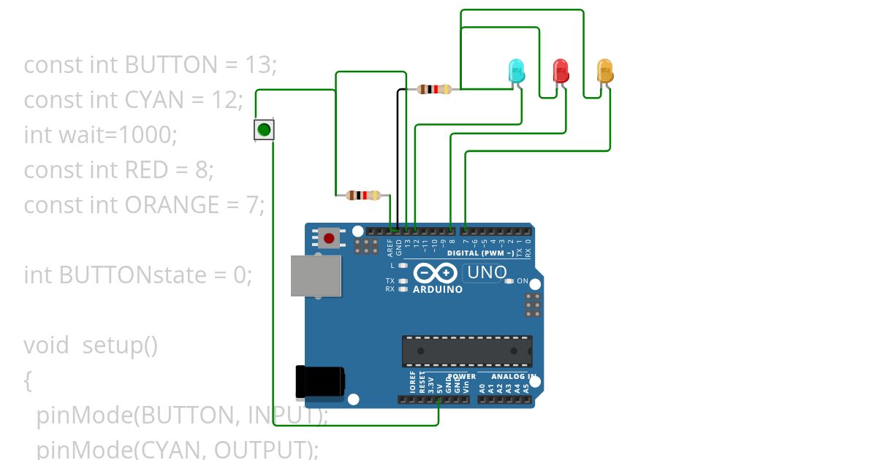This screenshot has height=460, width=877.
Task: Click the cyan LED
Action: [x=516, y=72]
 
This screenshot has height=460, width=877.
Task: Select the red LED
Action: [x=561, y=71]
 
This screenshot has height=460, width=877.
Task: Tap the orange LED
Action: [x=605, y=71]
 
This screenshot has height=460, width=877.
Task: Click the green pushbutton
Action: [x=264, y=130]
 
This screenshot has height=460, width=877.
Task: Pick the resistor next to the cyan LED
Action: [x=434, y=89]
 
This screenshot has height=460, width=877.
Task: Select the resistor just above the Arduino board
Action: [x=363, y=195]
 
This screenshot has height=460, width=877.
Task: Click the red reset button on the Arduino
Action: [x=330, y=238]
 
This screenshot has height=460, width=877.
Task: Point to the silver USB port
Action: [x=316, y=275]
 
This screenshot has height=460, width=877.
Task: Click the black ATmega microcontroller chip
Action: [x=466, y=351]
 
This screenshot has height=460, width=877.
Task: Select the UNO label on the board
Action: [x=486, y=273]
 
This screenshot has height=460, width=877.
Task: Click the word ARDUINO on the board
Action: [x=438, y=289]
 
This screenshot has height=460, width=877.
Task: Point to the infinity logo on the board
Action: [x=436, y=273]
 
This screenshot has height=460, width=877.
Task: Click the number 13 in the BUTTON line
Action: [x=259, y=65]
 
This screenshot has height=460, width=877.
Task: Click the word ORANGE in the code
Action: [x=171, y=205]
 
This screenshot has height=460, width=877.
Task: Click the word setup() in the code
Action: [x=120, y=345]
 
